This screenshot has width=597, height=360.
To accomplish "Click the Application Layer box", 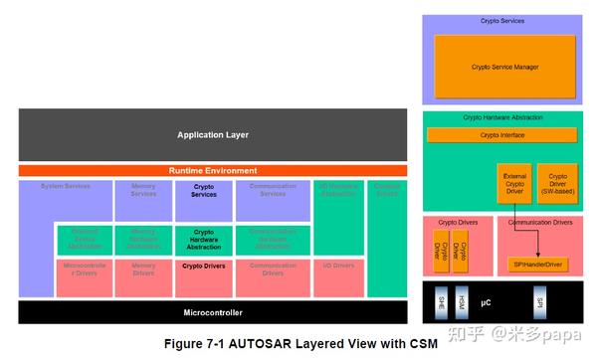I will click(212, 134).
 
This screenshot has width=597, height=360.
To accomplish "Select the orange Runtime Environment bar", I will click(212, 170).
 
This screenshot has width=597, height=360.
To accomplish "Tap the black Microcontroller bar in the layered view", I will click(212, 312).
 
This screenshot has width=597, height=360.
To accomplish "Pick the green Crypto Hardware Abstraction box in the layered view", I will click(203, 240).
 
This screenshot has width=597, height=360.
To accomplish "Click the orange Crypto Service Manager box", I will click(504, 66).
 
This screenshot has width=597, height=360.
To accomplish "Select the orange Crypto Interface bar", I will click(502, 134).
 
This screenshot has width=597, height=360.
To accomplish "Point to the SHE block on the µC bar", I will click(442, 299).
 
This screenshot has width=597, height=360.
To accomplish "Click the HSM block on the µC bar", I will click(461, 299).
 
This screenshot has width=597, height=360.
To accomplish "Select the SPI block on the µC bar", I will click(539, 299).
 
